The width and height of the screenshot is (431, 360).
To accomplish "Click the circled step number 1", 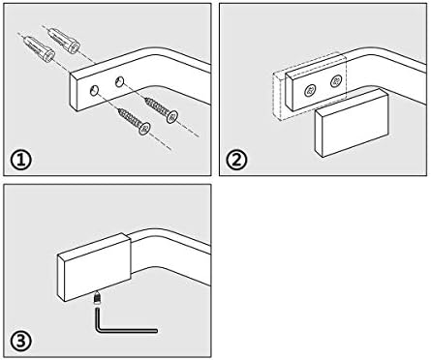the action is [20, 161].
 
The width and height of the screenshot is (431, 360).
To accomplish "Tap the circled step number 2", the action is [236, 161].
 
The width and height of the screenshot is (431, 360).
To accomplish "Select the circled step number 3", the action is [20, 342].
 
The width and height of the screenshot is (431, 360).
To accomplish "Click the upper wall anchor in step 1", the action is [63, 41].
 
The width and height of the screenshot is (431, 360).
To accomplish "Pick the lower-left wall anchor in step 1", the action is [40, 49].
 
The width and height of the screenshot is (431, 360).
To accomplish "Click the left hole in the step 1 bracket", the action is [95, 91].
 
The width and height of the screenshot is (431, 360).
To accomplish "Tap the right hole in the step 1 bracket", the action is [119, 82].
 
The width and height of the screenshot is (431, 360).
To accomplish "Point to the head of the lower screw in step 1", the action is [144, 129].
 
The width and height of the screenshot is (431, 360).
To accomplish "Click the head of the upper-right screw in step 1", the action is [172, 117].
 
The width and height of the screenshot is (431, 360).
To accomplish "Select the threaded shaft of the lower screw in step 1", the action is [129, 117].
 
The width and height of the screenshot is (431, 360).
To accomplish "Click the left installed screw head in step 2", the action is [310, 91].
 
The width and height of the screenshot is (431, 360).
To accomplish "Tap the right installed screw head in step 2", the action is [336, 80].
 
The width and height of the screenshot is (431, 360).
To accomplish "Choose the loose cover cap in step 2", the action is [352, 123].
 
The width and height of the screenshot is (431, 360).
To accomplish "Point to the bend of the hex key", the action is [99, 329].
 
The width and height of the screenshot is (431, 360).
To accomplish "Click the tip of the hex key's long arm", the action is [157, 331].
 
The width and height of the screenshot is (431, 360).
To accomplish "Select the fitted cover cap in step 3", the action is [94, 267].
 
